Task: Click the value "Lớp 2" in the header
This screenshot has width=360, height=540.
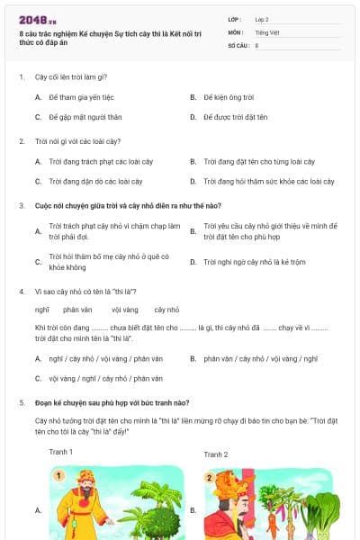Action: point(263,18)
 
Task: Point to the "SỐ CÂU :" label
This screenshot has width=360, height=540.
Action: point(238,45)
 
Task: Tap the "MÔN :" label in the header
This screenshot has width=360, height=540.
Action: point(236,31)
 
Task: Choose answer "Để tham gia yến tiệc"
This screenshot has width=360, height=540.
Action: point(82,97)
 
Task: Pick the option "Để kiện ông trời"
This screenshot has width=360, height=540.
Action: point(229,97)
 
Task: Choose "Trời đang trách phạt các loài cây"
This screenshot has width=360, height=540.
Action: point(96,161)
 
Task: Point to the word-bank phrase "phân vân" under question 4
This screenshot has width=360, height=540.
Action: point(78,310)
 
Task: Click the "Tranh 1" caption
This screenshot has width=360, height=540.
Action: point(61,452)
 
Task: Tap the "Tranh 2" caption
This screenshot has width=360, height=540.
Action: point(216,454)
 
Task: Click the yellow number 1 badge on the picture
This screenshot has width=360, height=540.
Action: point(59,476)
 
